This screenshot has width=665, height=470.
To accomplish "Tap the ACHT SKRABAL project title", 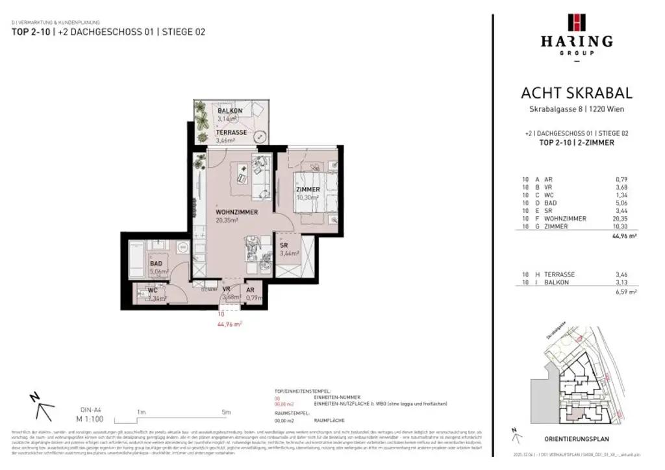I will [x=576, y=93].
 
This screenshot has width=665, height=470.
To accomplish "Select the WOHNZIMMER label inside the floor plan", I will [x=237, y=212].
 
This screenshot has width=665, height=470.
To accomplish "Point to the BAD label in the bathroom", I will [x=156, y=264].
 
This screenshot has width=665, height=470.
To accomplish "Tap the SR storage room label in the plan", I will [x=284, y=245].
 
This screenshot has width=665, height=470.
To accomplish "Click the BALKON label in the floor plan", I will [x=230, y=111].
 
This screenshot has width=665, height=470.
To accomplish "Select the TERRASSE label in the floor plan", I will [x=231, y=132].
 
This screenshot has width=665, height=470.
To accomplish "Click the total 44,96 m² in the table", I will [x=623, y=237].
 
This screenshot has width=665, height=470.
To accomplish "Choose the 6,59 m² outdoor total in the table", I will [x=625, y=292].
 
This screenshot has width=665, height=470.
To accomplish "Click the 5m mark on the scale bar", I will [x=225, y=412].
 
